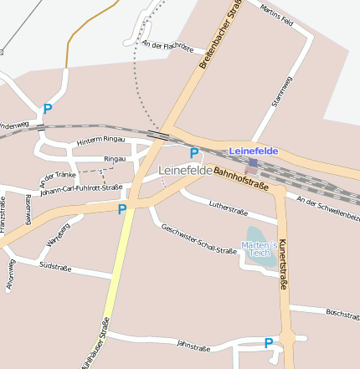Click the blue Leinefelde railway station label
click(x=253, y=151)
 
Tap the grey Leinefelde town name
click(x=184, y=170)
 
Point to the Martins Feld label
click(x=276, y=15)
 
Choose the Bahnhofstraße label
click(x=240, y=180)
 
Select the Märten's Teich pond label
click(x=259, y=249)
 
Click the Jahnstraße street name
click(x=193, y=346)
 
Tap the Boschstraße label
click(x=342, y=314)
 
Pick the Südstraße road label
click(x=55, y=266)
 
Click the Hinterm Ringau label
click(x=100, y=141)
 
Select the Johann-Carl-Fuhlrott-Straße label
click(x=80, y=189)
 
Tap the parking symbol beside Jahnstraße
click(x=268, y=343)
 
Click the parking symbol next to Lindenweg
click(x=48, y=109)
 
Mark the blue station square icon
click(x=251, y=163)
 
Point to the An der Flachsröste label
click(x=168, y=46)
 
